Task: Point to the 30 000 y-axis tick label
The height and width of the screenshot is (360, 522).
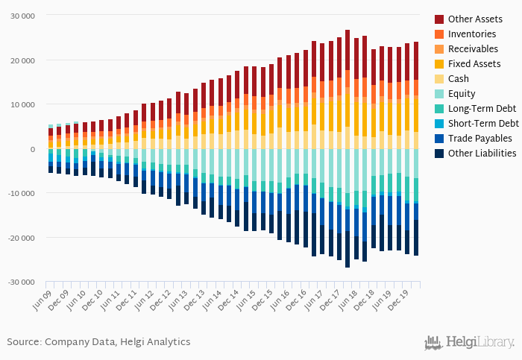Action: coord(23,16)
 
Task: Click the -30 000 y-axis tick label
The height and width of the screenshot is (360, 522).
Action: coord(22,282)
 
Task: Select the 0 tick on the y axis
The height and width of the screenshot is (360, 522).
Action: coord(33,149)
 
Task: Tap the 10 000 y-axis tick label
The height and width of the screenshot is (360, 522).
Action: coord(23,104)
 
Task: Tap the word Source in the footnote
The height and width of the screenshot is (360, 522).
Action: coord(23,342)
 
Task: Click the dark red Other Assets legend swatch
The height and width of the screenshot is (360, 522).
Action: coord(439,19)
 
